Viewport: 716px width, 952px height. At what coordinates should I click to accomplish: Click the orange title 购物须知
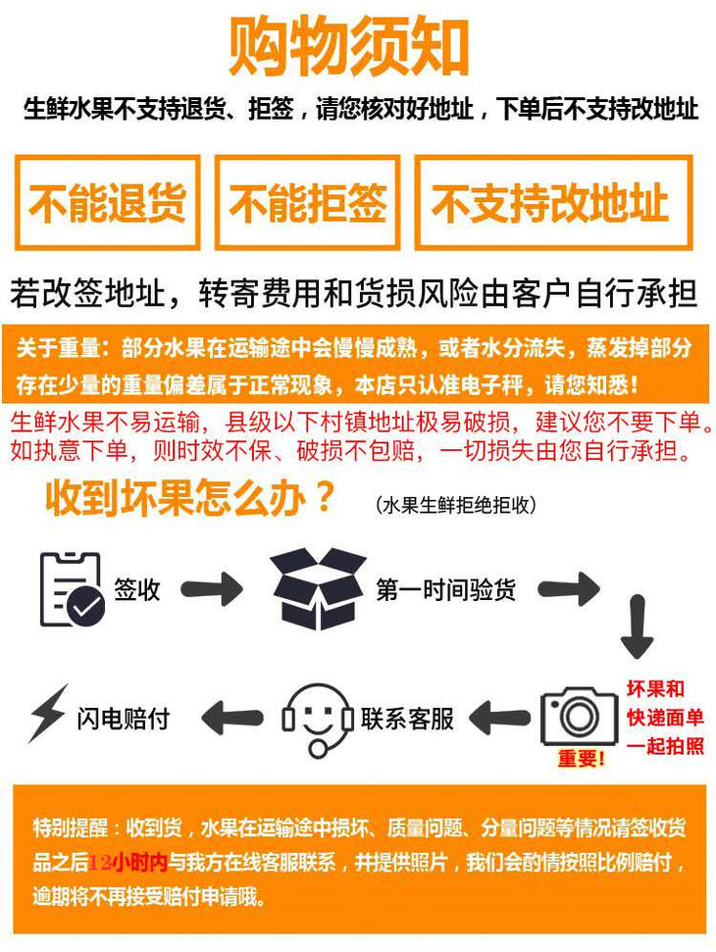click(x=348, y=47)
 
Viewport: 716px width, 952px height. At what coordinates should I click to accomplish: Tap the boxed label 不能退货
click(x=108, y=203)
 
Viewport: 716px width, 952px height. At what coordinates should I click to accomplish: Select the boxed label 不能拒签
click(x=307, y=203)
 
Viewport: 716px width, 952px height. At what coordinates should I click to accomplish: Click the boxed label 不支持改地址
click(x=553, y=203)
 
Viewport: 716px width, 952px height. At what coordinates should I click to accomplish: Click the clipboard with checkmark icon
click(x=72, y=589)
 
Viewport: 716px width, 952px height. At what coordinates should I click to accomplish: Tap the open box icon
click(x=318, y=588)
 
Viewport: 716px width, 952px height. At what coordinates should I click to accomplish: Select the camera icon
click(x=579, y=717)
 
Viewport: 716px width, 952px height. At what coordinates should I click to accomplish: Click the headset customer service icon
click(x=318, y=721)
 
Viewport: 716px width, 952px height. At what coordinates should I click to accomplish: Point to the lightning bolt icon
click(x=48, y=714)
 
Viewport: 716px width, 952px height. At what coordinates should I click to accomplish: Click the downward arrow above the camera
click(x=638, y=627)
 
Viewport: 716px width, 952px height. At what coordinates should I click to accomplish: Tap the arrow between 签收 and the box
click(x=212, y=588)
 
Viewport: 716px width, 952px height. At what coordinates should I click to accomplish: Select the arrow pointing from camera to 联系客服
click(x=500, y=718)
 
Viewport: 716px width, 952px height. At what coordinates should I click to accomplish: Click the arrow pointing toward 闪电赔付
click(x=232, y=718)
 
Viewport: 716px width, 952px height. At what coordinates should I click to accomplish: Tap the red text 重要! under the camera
click(x=582, y=758)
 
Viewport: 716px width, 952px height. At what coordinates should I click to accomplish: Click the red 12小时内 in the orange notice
click(x=128, y=862)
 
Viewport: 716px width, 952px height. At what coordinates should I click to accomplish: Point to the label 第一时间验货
click(x=445, y=589)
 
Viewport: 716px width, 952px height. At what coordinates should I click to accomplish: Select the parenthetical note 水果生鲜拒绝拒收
click(x=456, y=505)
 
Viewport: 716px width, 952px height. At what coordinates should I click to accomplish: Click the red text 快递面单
click(x=665, y=717)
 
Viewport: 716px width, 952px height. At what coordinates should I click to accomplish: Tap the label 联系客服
click(x=407, y=719)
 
